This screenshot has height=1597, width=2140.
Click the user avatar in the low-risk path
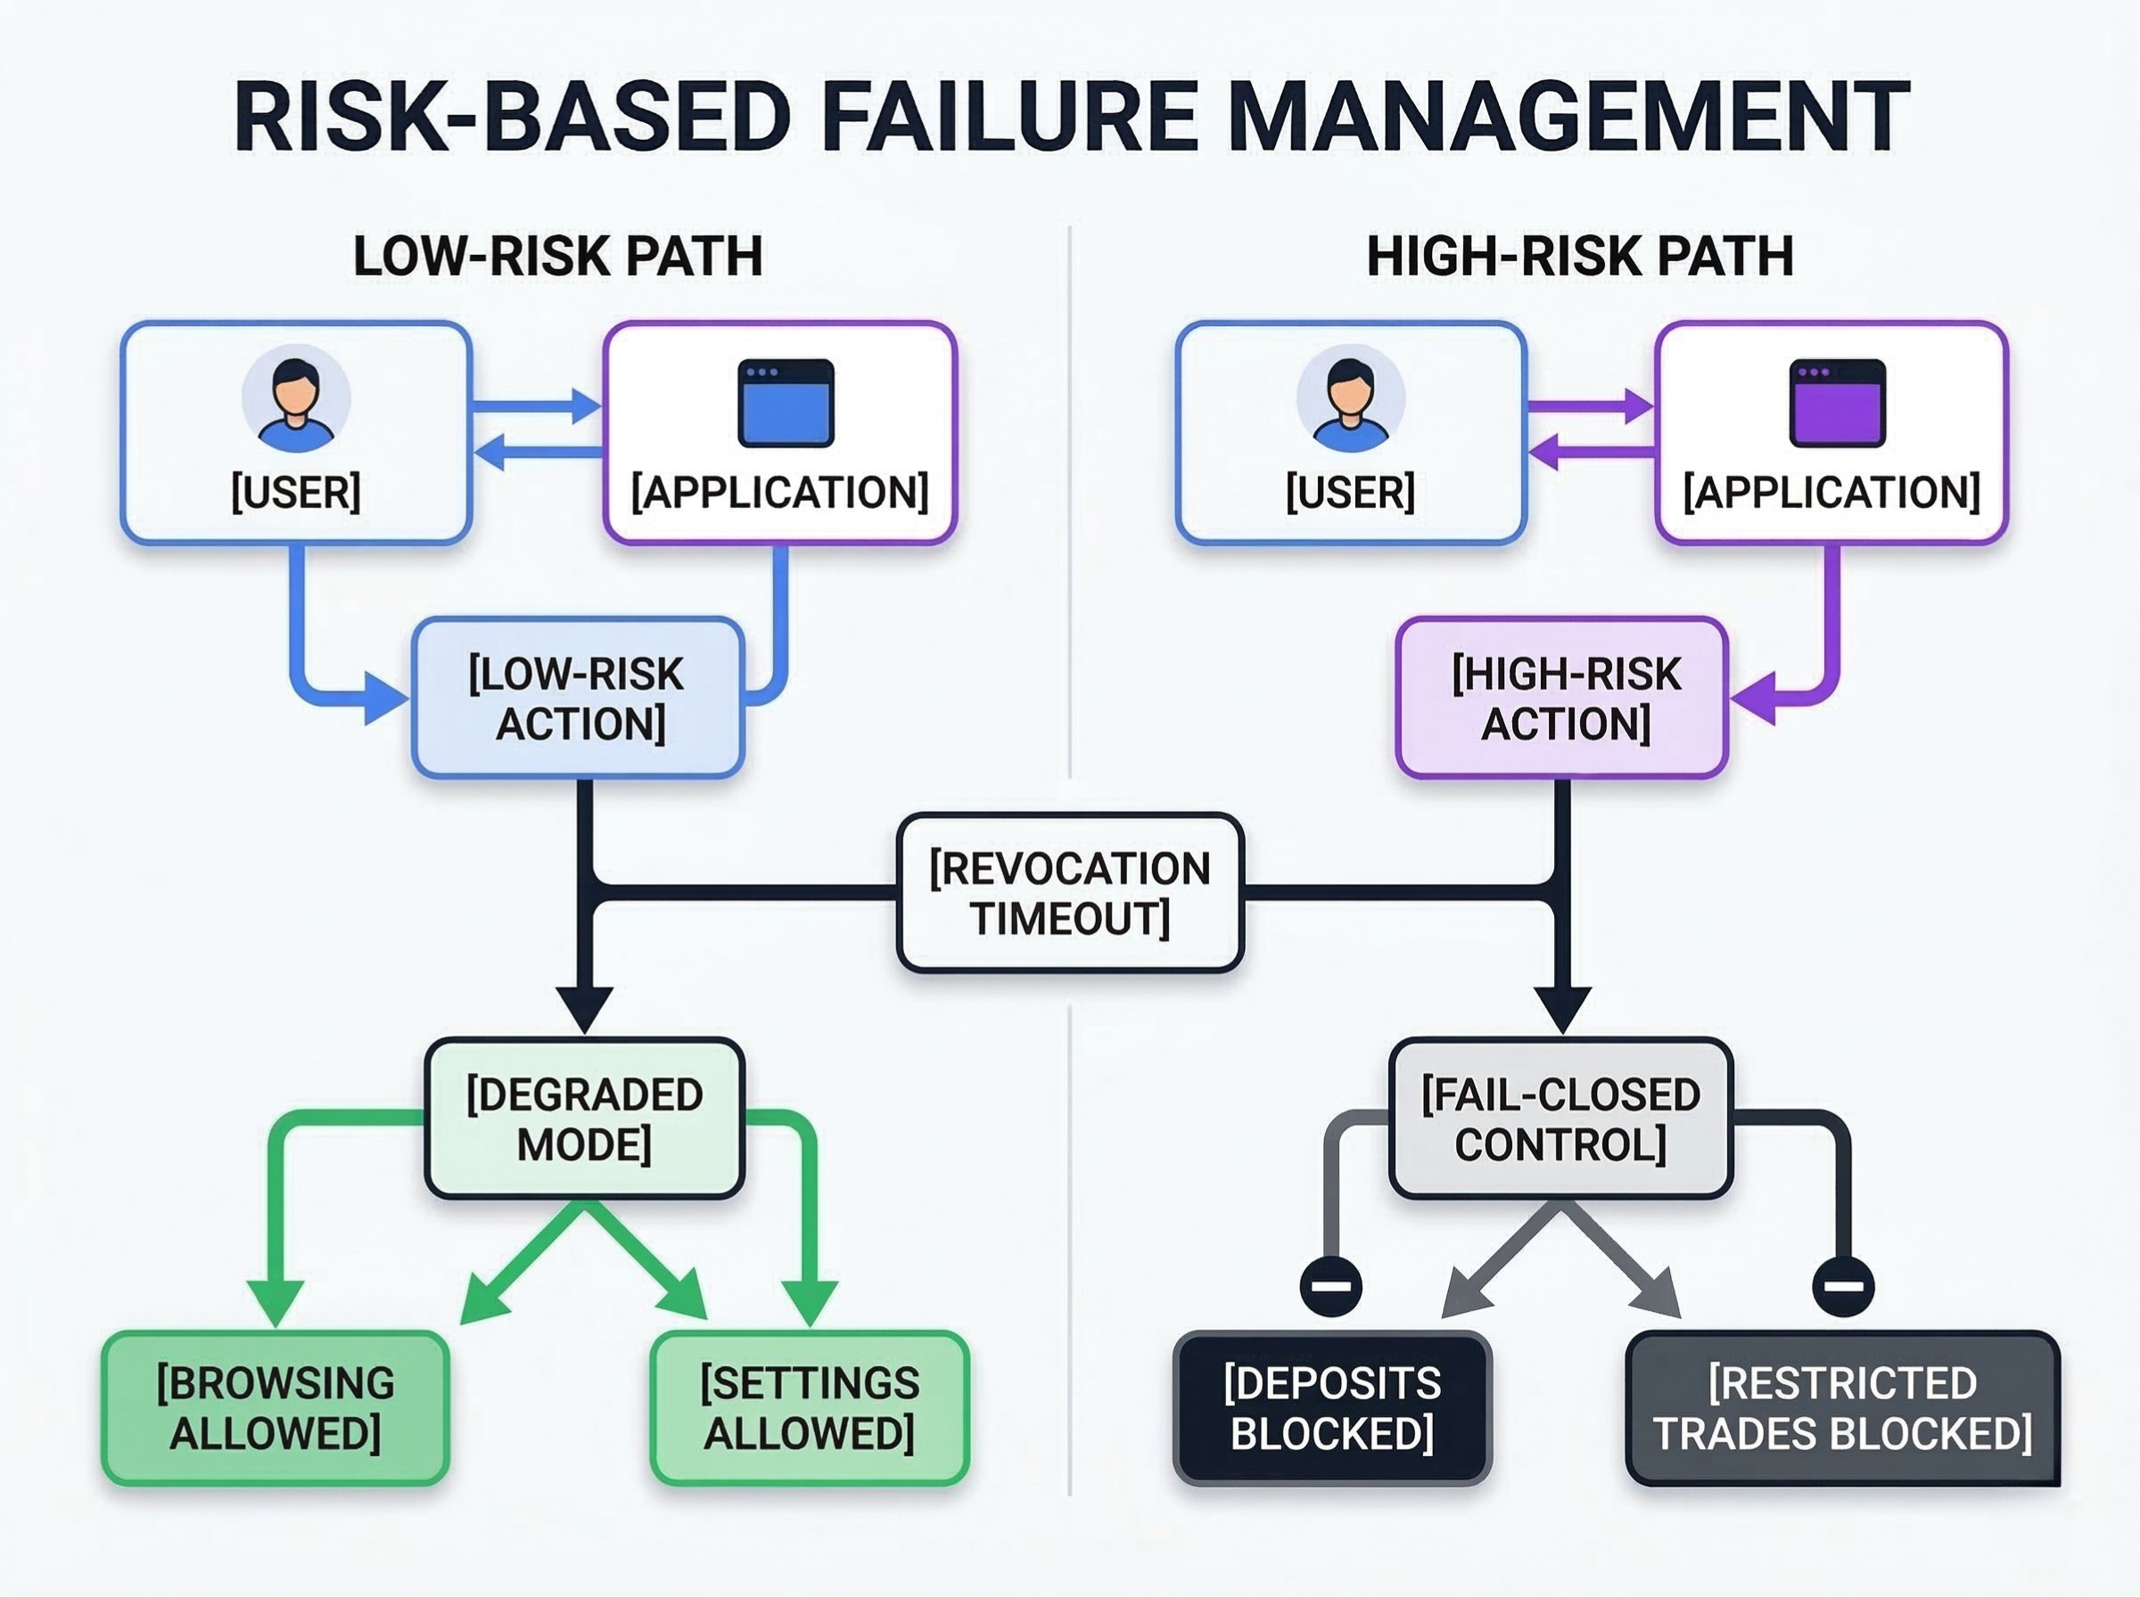pos(296,400)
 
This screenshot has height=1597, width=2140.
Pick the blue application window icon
pos(786,403)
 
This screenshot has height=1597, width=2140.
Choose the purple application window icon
pos(1838,403)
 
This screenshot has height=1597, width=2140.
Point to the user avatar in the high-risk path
pos(1351,400)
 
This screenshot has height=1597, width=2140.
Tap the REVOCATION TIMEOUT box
pos(1069,893)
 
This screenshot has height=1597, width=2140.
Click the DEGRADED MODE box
pos(584,1119)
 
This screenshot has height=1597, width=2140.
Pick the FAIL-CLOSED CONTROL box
pos(1560,1119)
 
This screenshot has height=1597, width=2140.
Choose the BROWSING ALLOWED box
pos(276,1408)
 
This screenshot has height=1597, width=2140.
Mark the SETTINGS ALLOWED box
pos(810,1408)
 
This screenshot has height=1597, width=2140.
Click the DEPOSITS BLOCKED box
pos(1332,1408)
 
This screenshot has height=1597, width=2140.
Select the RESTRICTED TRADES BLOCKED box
pos(1843,1408)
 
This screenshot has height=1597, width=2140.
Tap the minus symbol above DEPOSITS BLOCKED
pos(1331,1287)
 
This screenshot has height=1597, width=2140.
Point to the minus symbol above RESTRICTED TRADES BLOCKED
pos(1843,1287)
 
